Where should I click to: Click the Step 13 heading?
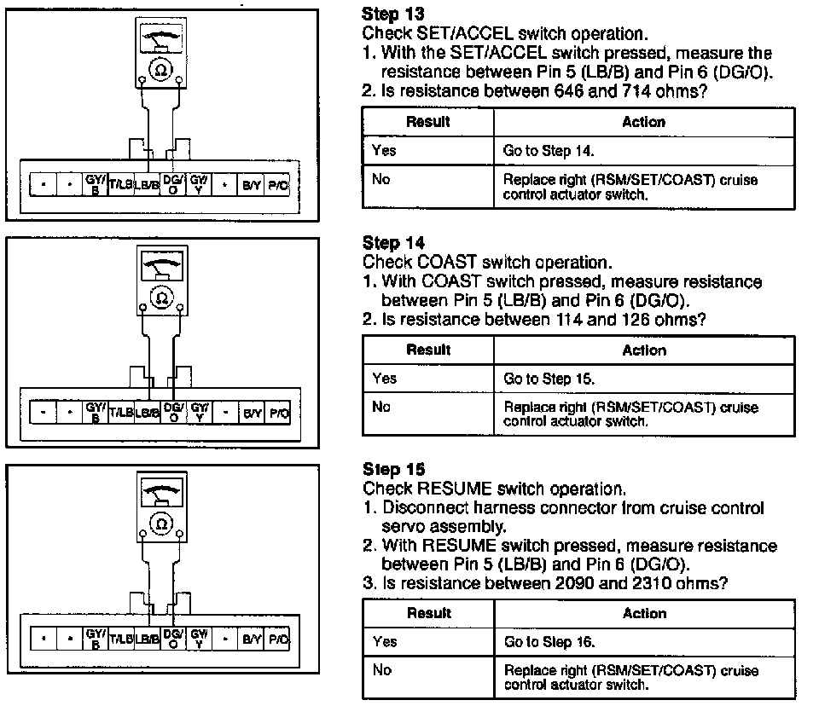pyautogui.click(x=393, y=14)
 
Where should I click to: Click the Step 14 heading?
pyautogui.click(x=393, y=243)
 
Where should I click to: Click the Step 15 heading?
pyautogui.click(x=393, y=470)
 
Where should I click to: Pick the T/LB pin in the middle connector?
pyautogui.click(x=121, y=413)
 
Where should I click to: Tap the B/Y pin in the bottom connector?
pyautogui.click(x=252, y=638)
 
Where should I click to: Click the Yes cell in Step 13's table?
pyautogui.click(x=385, y=151)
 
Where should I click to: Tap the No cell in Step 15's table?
pyautogui.click(x=381, y=670)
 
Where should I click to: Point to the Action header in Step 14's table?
pyautogui.click(x=643, y=350)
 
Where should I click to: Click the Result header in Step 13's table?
pyautogui.click(x=428, y=122)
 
